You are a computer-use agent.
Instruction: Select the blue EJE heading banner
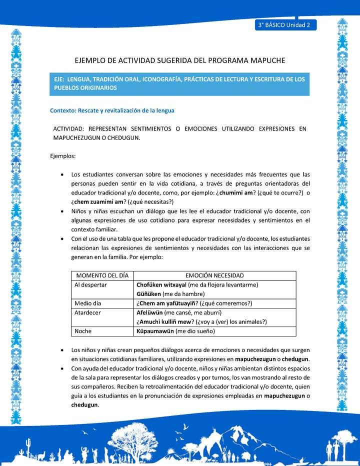pyautogui.click(x=180, y=83)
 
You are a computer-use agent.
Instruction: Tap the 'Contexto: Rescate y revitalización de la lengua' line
pyautogui.click(x=112, y=110)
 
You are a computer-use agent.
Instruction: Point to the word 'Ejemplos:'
pyautogui.click(x=63, y=156)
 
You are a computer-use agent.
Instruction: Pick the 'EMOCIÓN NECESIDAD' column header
pyautogui.click(x=214, y=275)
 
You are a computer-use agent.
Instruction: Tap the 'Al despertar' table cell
pyautogui.click(x=90, y=284)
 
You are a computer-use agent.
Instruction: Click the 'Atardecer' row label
pyautogui.click(x=88, y=312)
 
